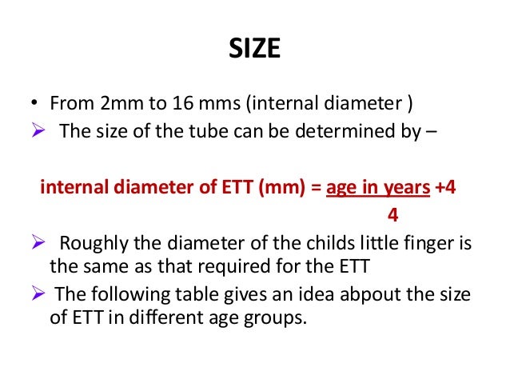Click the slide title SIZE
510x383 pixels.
coord(255,50)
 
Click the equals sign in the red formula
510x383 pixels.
coord(317,188)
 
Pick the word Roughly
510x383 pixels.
coord(94,244)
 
